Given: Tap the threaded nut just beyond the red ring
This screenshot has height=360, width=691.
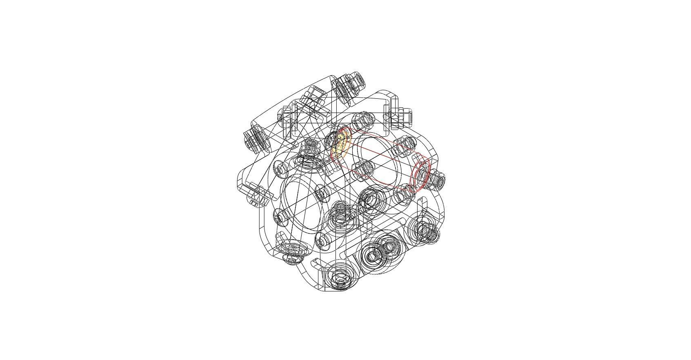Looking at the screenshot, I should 438,180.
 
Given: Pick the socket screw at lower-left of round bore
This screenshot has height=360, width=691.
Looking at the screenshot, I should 280,218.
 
